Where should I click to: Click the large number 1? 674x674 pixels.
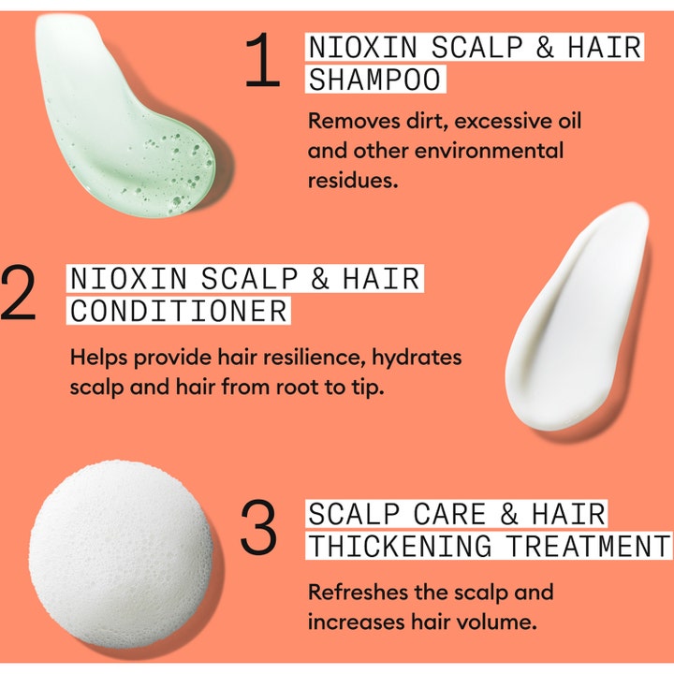tap(263, 60)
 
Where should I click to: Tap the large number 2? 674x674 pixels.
tap(18, 292)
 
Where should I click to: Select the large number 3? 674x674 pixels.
tap(258, 526)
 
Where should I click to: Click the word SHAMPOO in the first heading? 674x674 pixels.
tap(374, 80)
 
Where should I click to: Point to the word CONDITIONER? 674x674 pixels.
tap(179, 311)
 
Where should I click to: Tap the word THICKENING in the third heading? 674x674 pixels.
tap(400, 546)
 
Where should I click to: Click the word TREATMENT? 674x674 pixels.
tap(588, 546)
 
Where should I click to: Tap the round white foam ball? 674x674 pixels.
tap(121, 554)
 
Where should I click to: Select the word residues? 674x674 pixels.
tap(353, 181)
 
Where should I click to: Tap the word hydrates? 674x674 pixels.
tap(417, 358)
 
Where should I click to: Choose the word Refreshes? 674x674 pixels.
tap(358, 593)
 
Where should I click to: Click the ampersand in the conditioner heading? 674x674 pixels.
tap(320, 278)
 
